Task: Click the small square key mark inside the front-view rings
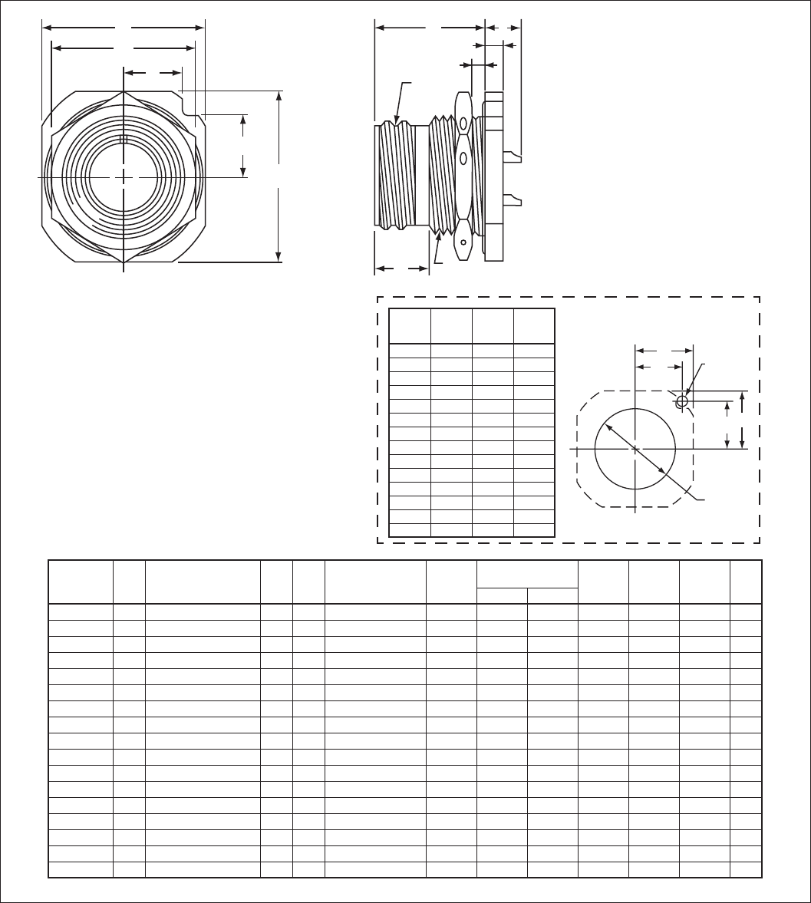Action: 124,140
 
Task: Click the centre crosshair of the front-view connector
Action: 124,177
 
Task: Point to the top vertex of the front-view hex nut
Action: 124,90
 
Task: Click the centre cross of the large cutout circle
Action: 635,449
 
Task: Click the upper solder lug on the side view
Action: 513,157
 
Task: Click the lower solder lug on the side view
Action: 513,201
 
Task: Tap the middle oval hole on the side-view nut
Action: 463,159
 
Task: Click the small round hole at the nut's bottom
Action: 463,246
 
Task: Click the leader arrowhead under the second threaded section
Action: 440,236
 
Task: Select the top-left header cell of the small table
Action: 410,326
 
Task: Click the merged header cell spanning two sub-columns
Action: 526,574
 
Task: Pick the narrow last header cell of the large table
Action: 745,582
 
